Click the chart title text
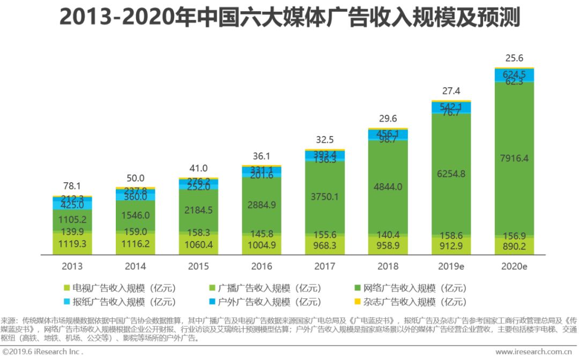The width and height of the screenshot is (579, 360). [x=289, y=18]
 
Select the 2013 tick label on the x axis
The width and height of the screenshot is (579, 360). [x=72, y=266]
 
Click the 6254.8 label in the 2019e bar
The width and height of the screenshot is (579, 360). [x=451, y=174]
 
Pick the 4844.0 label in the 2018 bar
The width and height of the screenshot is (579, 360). [x=388, y=187]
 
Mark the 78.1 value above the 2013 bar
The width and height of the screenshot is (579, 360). [x=72, y=187]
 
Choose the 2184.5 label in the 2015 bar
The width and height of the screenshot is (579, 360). [x=198, y=209]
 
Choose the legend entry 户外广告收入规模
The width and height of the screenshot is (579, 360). [x=263, y=302]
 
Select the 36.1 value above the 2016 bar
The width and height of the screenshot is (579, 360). [x=262, y=156]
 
